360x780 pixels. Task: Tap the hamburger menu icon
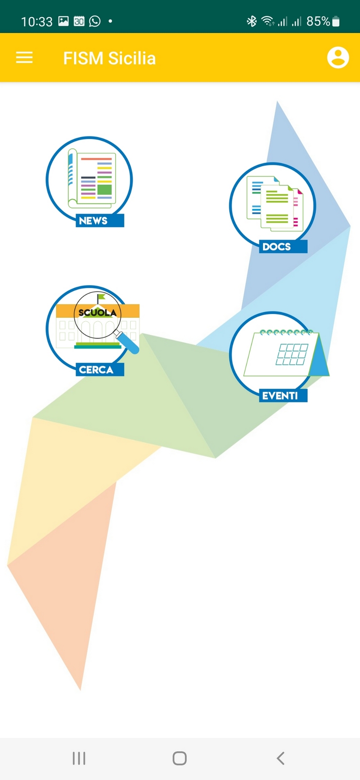[24, 58]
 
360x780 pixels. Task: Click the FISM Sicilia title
[109, 58]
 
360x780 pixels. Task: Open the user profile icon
[338, 58]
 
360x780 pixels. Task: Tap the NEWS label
[93, 221]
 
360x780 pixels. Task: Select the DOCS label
[277, 247]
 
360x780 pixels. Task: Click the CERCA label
[96, 370]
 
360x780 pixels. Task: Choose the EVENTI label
[280, 396]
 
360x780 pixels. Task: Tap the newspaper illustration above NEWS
[93, 178]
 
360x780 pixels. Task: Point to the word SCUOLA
[98, 312]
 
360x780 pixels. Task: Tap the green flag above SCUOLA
[100, 297]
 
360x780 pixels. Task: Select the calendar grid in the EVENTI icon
[292, 354]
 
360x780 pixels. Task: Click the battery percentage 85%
[318, 21]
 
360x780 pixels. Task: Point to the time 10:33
[37, 21]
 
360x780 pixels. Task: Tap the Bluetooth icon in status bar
[251, 21]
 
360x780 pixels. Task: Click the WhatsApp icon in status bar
[95, 21]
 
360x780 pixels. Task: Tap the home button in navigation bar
[180, 758]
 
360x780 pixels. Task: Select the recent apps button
[79, 758]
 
